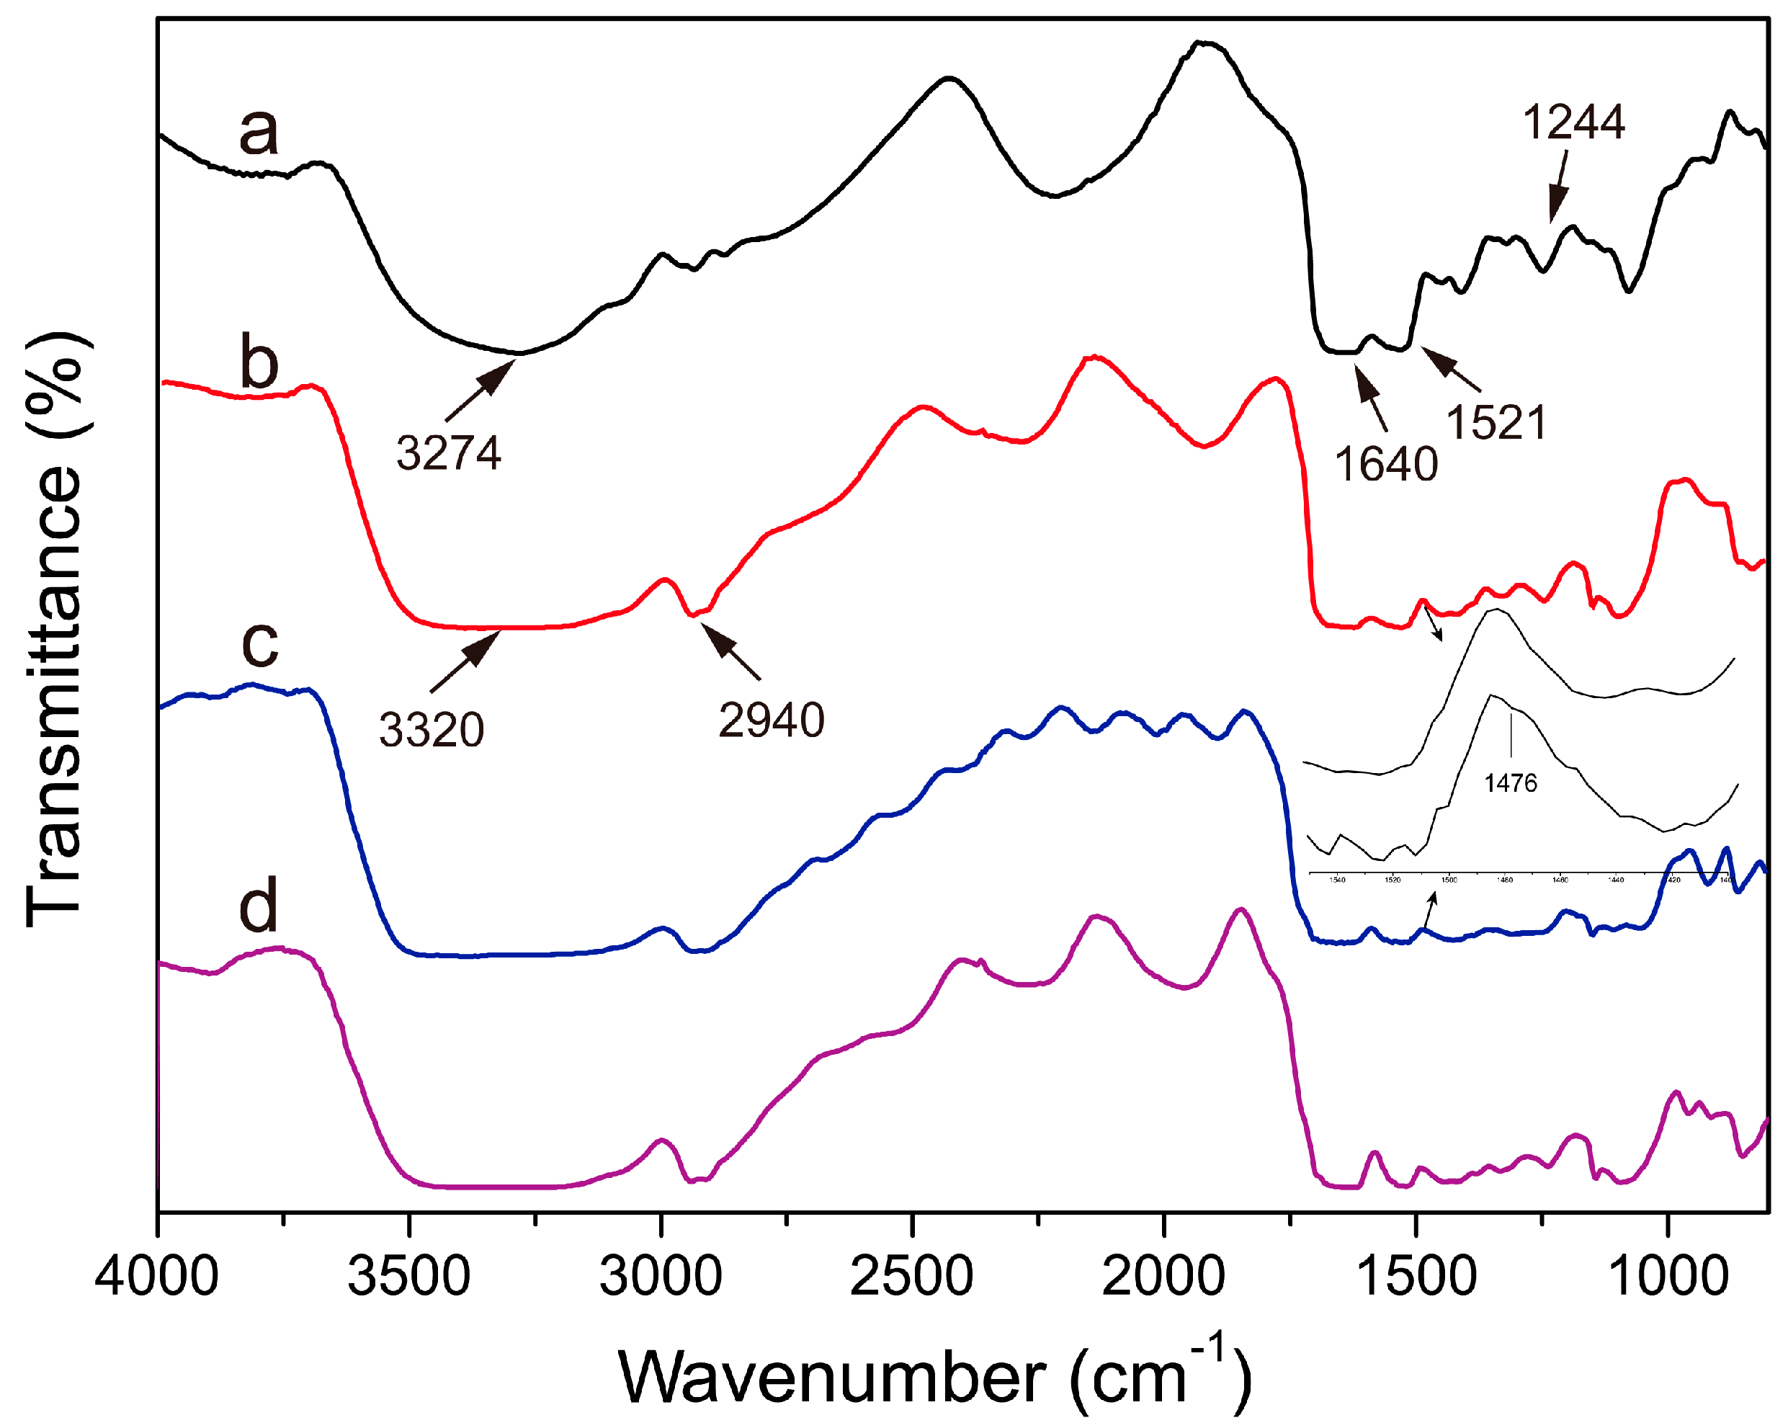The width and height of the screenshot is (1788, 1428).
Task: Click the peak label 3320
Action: coord(432,731)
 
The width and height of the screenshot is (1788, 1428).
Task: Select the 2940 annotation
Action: coord(772,720)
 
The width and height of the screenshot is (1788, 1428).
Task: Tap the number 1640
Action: coord(1386,463)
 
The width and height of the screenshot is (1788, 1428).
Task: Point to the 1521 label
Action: coord(1496,423)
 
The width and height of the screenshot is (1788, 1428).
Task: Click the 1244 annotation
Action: coord(1573,122)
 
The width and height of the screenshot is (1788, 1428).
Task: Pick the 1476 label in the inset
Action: coord(1510,783)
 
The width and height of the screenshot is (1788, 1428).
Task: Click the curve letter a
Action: coord(258,132)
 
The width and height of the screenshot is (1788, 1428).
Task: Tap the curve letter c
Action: coord(259,643)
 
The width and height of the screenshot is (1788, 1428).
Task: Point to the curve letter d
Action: coord(258,907)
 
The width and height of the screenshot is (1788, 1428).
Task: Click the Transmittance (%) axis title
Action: coord(56,630)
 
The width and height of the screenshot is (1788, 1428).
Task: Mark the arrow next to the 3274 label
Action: coord(478,391)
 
